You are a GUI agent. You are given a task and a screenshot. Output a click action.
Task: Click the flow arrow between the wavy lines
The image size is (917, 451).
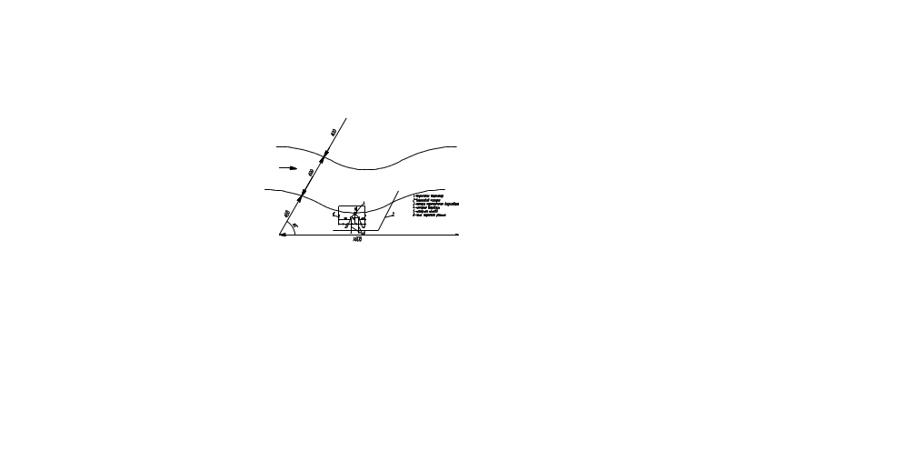click(287, 167)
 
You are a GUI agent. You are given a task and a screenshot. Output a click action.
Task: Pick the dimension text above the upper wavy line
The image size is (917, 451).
click(334, 133)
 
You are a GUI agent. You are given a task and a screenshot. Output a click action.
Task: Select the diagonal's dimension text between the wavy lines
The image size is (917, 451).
click(312, 171)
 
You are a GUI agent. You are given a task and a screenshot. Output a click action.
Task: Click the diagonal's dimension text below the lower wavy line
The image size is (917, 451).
click(287, 215)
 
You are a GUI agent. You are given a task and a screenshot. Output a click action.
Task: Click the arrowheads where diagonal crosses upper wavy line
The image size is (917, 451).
click(323, 159)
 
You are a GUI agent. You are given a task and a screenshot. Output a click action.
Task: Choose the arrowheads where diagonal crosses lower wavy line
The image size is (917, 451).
click(302, 195)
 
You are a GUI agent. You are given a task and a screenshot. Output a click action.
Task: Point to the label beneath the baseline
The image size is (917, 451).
click(357, 240)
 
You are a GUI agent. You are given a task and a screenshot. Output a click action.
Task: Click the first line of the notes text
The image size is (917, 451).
click(429, 195)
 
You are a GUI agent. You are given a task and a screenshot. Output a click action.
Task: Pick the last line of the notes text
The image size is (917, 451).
click(429, 216)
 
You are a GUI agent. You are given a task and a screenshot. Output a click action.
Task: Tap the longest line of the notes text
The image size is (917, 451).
click(434, 204)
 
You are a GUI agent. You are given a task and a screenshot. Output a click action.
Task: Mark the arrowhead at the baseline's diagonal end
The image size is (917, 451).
click(283, 235)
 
